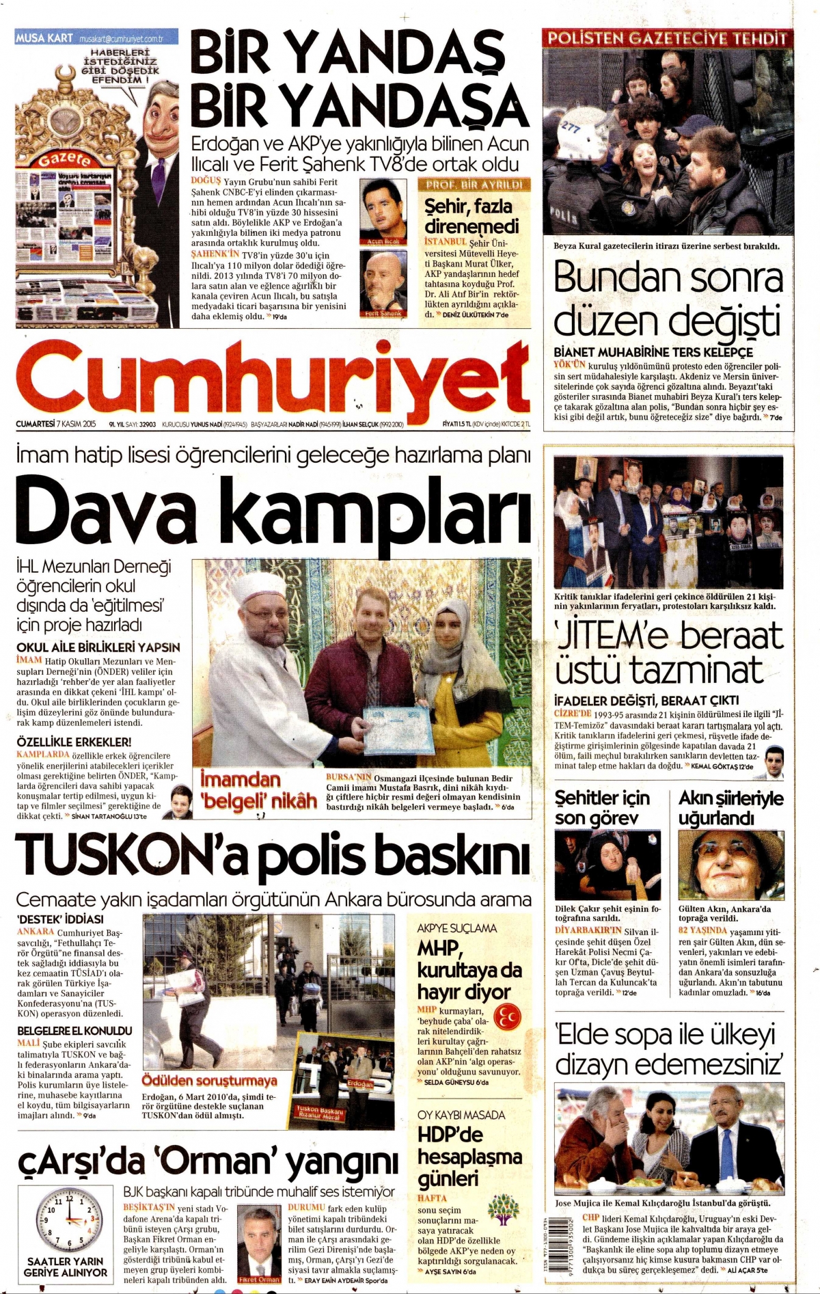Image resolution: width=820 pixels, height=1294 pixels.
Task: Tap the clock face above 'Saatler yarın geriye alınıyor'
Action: click(69, 1219)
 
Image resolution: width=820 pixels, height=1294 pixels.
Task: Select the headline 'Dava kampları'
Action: click(273, 513)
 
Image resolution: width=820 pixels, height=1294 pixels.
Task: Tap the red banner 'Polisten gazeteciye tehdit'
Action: click(668, 39)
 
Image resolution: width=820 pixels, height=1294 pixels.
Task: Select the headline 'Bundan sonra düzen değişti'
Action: click(667, 299)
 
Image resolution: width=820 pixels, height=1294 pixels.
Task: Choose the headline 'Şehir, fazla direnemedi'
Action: click(471, 216)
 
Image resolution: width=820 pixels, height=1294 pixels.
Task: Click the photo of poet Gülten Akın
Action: click(730, 865)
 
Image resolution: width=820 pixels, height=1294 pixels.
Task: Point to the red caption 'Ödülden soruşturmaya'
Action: click(209, 1081)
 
